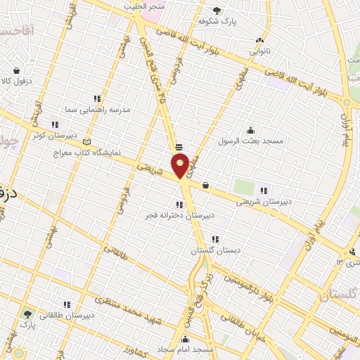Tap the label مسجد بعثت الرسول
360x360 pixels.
pos(250,141)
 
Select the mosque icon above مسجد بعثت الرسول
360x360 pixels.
pos(250,129)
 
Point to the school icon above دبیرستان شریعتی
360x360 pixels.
pos(264,190)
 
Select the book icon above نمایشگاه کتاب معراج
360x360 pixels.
pos(87,141)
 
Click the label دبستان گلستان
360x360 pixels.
pos(214,250)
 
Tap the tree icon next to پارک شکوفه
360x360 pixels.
pos(216,11)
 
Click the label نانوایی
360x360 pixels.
pos(260,51)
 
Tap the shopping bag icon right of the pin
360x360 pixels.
pos(205,185)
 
